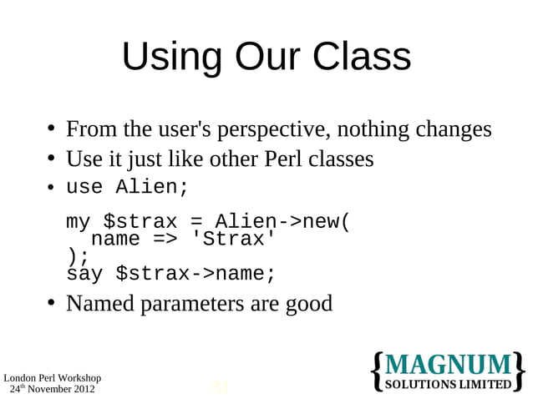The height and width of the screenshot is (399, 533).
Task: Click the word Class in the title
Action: pyautogui.click(x=363, y=58)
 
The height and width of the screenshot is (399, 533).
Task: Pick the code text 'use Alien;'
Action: pyautogui.click(x=128, y=188)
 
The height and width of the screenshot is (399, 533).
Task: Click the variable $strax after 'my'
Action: pyautogui.click(x=140, y=222)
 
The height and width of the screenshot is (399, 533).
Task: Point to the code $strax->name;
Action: pyautogui.click(x=195, y=274)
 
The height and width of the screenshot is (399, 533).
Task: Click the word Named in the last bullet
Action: pyautogui.click(x=99, y=303)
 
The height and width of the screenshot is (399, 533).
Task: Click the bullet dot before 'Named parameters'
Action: pyautogui.click(x=51, y=303)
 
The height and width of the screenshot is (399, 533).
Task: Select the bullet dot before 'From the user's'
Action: pyautogui.click(x=51, y=130)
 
